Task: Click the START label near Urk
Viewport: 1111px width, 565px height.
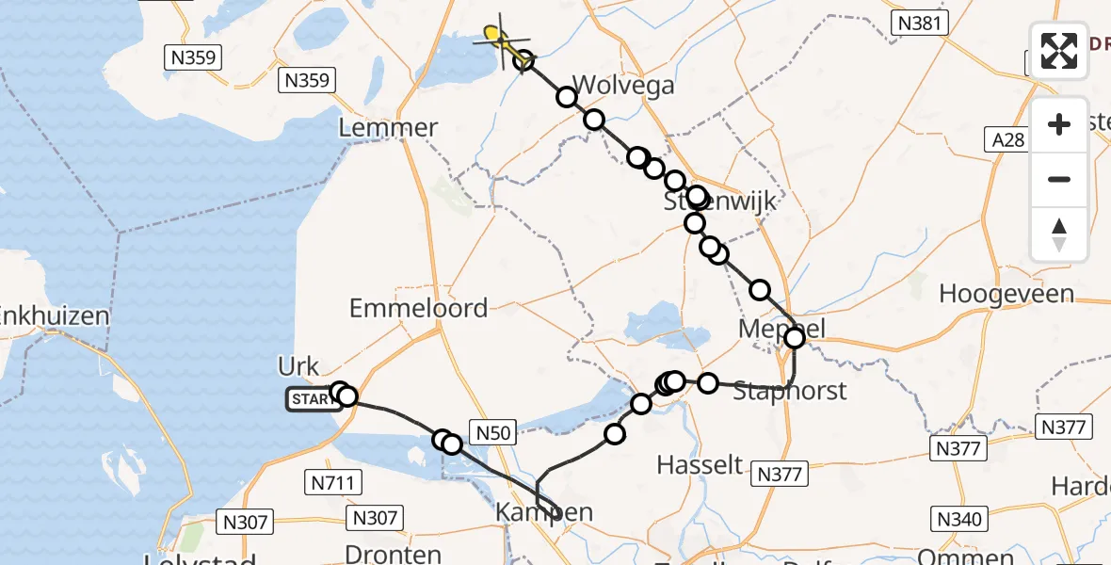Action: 311,400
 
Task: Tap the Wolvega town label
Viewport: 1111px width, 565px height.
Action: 623,86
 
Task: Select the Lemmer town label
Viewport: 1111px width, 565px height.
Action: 393,128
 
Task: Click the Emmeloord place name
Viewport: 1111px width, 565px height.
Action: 418,308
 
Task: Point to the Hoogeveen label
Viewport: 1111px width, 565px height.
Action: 1006,294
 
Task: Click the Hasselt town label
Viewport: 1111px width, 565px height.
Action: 700,464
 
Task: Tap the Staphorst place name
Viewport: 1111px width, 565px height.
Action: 790,390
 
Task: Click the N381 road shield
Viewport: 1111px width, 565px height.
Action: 920,24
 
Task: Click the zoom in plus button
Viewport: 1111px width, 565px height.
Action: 1059,124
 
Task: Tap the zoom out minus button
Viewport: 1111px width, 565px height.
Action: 1059,179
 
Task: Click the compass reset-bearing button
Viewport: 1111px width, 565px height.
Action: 1059,234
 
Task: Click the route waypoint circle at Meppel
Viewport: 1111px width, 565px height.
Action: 795,337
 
